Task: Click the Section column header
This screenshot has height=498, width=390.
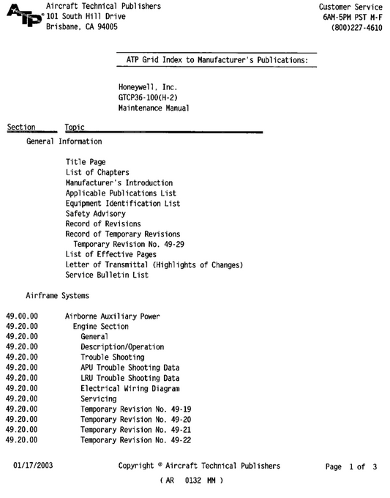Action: pyautogui.click(x=21, y=127)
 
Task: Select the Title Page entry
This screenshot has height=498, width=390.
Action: pyautogui.click(x=86, y=163)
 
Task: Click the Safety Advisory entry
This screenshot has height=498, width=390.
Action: pyautogui.click(x=95, y=214)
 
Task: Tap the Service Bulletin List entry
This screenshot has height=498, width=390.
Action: pyautogui.click(x=107, y=275)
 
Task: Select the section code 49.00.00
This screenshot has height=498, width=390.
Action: pyautogui.click(x=22, y=316)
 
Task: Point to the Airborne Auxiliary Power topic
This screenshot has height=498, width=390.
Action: pyautogui.click(x=113, y=316)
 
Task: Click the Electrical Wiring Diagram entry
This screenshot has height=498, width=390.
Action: pyautogui.click(x=130, y=388)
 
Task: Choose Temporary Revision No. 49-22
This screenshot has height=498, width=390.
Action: pyautogui.click(x=136, y=439)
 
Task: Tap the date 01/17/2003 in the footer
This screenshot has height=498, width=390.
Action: pyautogui.click(x=33, y=466)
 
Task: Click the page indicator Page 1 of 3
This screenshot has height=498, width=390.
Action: pyautogui.click(x=351, y=466)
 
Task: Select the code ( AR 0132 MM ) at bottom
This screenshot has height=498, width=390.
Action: pyautogui.click(x=191, y=481)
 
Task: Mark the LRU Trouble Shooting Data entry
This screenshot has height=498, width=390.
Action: pyautogui.click(x=130, y=378)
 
